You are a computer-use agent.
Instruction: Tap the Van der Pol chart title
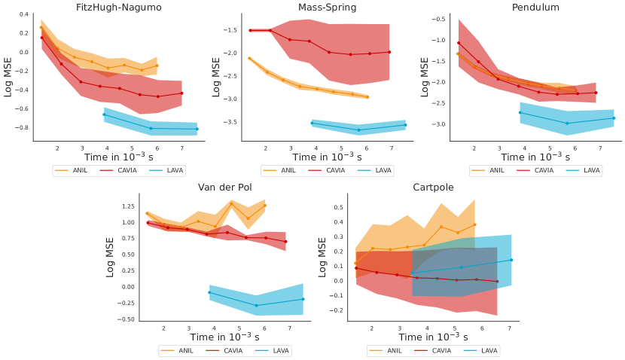[x=224, y=188]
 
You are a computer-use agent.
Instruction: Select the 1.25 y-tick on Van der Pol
[x=127, y=206]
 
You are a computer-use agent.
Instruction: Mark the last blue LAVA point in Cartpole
[x=511, y=260]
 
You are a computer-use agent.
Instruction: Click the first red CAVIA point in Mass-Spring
[x=250, y=31]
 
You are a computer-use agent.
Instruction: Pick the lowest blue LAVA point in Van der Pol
[x=257, y=305]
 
